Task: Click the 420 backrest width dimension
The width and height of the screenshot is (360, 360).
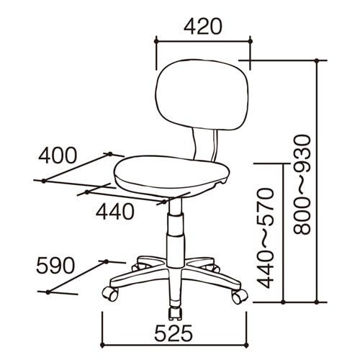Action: [x=203, y=26]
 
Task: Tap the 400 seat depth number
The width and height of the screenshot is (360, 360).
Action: [x=58, y=156]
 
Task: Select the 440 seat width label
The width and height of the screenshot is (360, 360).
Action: [x=115, y=212]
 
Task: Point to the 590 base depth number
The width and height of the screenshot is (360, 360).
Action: [x=55, y=266]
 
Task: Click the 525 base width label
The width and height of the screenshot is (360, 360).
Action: [x=174, y=333]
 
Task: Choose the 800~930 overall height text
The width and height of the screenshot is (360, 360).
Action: [x=302, y=185]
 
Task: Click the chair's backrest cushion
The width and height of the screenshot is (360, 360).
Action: [x=202, y=95]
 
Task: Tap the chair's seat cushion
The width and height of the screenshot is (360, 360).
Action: [x=171, y=175]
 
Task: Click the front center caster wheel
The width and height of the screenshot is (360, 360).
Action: [x=175, y=313]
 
